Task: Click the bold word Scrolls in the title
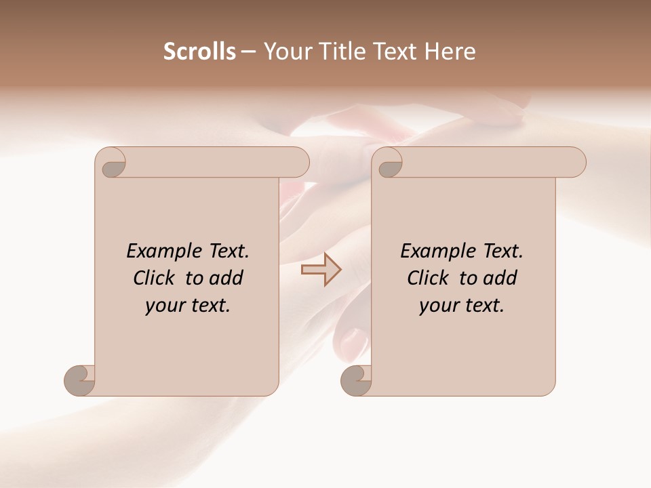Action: [x=199, y=52]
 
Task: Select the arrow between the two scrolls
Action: [x=321, y=269]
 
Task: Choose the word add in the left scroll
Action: [x=226, y=278]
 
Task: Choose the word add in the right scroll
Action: [x=500, y=278]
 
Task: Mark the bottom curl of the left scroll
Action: [x=79, y=380]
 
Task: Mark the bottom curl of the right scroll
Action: [x=355, y=380]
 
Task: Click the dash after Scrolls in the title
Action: [x=248, y=52]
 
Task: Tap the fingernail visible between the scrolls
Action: [x=351, y=337]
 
